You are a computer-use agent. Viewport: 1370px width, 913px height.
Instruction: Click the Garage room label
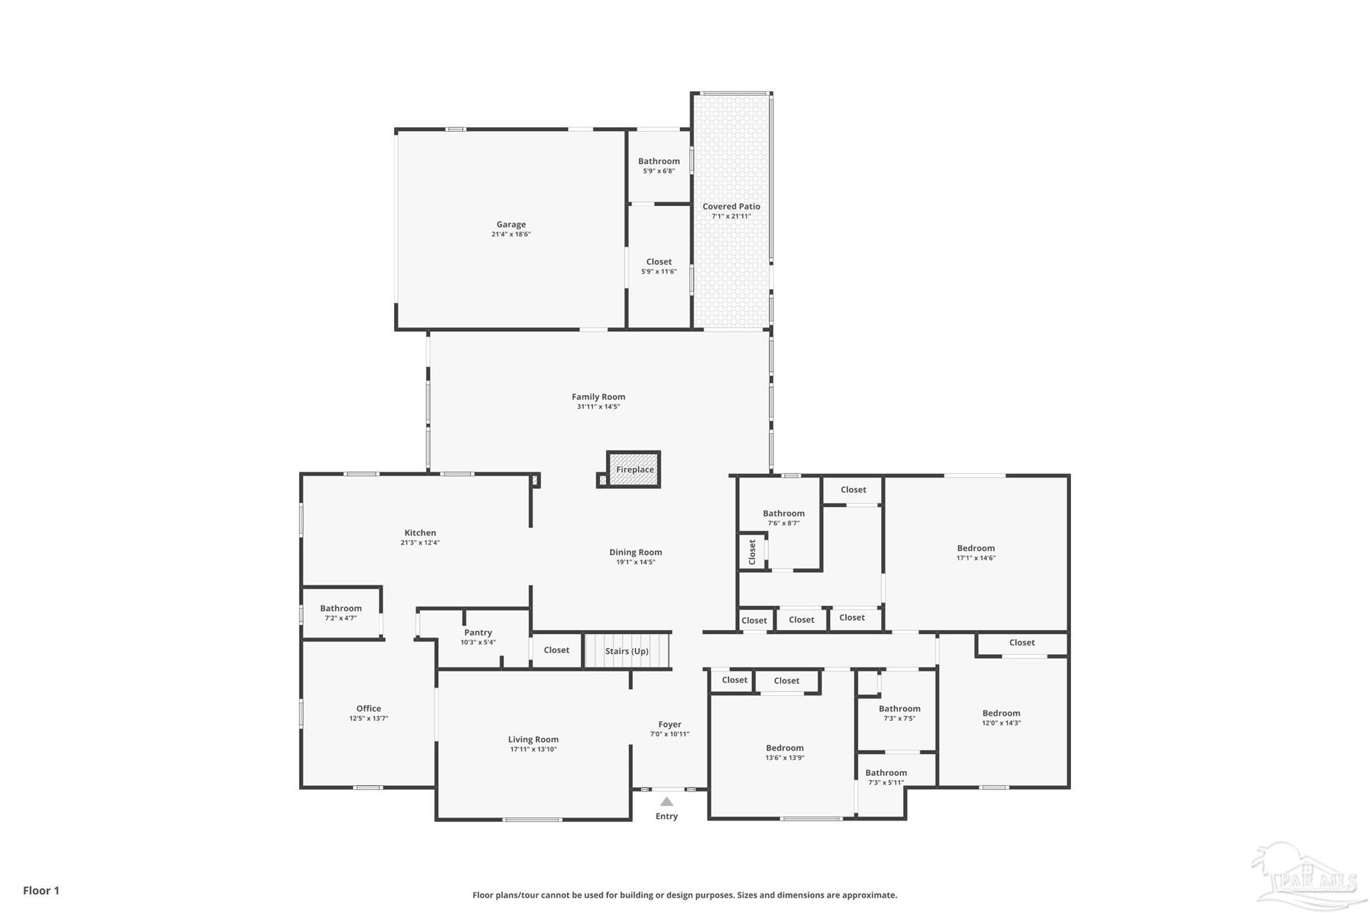(x=511, y=225)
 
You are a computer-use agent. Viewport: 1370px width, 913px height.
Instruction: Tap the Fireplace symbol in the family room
(x=634, y=470)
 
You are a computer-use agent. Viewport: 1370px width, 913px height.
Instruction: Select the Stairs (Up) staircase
(x=627, y=651)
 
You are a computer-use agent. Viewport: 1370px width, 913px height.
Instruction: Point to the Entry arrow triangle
(x=666, y=801)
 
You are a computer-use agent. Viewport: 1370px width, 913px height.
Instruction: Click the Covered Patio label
(x=731, y=207)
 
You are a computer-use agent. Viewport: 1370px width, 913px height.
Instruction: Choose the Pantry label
(x=478, y=633)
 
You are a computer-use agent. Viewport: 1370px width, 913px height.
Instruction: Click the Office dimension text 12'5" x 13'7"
(x=369, y=718)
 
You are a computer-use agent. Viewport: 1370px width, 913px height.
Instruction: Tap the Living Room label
(x=533, y=739)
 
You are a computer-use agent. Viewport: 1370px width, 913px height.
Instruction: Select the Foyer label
(x=670, y=724)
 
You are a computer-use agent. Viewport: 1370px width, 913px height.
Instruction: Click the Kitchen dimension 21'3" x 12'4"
(x=420, y=542)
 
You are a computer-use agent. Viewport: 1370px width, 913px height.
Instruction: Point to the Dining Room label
(x=635, y=552)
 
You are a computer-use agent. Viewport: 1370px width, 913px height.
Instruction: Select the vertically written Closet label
(x=753, y=552)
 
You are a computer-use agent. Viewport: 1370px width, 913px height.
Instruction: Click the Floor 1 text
(x=41, y=890)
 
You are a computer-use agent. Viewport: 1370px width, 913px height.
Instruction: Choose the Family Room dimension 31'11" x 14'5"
(x=599, y=407)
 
